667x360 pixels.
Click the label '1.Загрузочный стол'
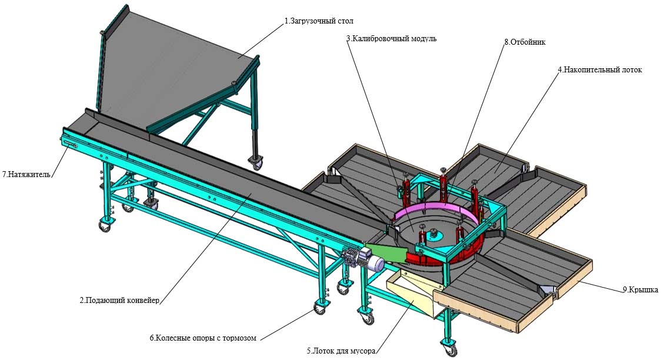pyautogui.click(x=318, y=21)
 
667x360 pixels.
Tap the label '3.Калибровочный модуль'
pyautogui.click(x=391, y=39)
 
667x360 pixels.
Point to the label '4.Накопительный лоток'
pyautogui.click(x=599, y=69)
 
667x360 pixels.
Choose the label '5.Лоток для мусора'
pyautogui.click(x=341, y=352)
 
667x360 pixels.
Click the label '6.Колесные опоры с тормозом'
pyautogui.click(x=203, y=338)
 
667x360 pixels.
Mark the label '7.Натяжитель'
pyautogui.click(x=26, y=175)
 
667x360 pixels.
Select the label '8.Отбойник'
pyautogui.click(x=525, y=42)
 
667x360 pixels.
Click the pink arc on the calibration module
pyautogui.click(x=435, y=209)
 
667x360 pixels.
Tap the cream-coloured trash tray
pyautogui.click(x=412, y=294)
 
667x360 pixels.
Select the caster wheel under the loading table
pyautogui.click(x=256, y=162)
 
